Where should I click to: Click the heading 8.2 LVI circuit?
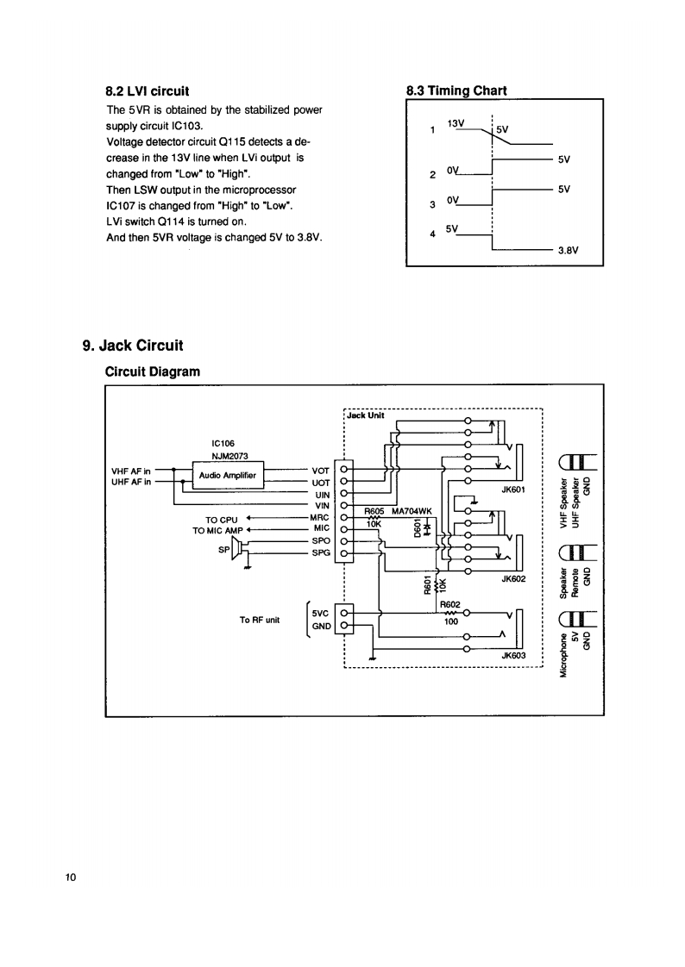[x=147, y=90]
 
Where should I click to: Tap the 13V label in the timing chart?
[x=456, y=123]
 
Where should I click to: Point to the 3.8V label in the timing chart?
[x=567, y=251]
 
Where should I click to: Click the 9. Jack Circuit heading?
[x=132, y=346]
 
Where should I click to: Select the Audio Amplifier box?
[x=227, y=475]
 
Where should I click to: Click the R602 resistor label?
[x=450, y=604]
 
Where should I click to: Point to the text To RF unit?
[x=260, y=619]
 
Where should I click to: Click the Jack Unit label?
[x=366, y=415]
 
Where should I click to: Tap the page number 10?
[x=71, y=877]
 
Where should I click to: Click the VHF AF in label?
[x=132, y=471]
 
